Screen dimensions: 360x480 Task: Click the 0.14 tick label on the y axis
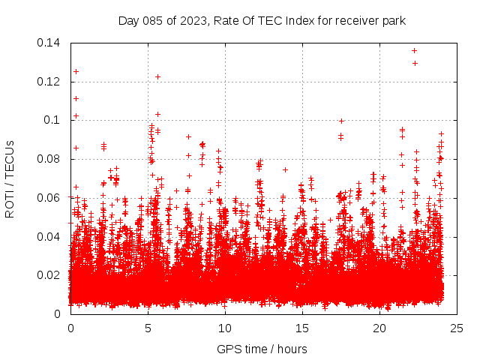coord(49,43)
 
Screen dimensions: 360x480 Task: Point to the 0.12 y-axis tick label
coord(49,82)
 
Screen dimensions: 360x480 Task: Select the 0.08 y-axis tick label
coord(49,159)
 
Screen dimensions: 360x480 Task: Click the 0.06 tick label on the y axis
coord(49,198)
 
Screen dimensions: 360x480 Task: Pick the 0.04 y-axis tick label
coord(49,236)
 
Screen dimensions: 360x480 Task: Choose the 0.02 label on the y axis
coord(49,275)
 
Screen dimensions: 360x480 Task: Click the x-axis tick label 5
coord(148,328)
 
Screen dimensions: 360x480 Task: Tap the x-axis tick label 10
coord(225,328)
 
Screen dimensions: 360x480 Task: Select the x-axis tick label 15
coord(302,328)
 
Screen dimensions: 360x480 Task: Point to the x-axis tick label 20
coord(379,328)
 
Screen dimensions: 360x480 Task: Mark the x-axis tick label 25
coord(457,328)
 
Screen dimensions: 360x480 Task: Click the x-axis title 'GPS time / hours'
coord(262,349)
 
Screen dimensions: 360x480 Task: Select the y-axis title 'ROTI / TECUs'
coord(10,178)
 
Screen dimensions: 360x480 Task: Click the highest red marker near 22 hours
coord(414,51)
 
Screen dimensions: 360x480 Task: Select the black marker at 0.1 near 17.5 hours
coord(341,121)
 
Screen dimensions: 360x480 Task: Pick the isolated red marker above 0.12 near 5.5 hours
coord(157,76)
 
